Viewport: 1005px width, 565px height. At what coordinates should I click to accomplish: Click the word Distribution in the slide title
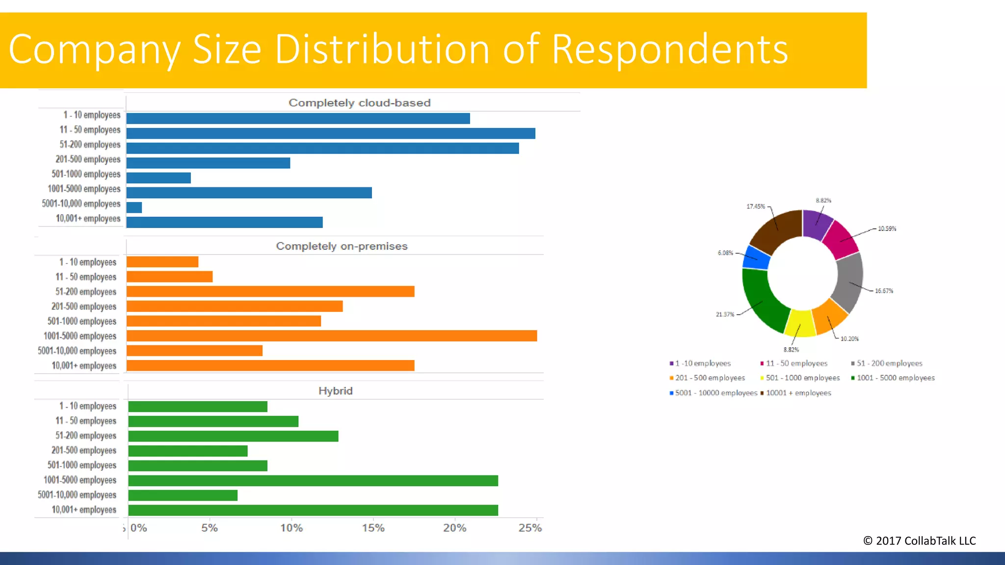click(382, 49)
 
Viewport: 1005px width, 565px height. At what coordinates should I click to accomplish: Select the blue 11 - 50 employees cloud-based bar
click(330, 133)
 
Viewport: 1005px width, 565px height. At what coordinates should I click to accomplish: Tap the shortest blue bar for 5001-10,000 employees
click(134, 207)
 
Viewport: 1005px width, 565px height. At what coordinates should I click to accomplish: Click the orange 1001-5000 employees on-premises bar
click(331, 336)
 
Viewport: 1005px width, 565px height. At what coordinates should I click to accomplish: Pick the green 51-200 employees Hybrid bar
click(233, 436)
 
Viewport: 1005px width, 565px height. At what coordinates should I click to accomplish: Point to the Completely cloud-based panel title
click(359, 103)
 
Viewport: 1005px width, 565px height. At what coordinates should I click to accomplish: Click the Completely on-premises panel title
click(342, 246)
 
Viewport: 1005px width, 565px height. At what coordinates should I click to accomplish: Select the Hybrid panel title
click(335, 391)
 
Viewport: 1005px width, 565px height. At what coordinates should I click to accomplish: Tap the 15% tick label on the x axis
click(373, 528)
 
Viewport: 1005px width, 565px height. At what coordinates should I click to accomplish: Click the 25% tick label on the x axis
click(530, 528)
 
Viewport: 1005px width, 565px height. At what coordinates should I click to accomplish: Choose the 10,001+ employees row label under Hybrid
click(84, 510)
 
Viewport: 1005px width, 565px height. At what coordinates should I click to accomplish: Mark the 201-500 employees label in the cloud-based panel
click(88, 159)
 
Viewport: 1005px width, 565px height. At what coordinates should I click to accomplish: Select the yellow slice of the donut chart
click(800, 324)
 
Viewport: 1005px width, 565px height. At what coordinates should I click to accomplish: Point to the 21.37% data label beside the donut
click(725, 314)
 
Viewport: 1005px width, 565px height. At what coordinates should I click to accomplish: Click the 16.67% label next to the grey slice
click(884, 291)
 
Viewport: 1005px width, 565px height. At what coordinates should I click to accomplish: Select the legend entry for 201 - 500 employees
click(710, 378)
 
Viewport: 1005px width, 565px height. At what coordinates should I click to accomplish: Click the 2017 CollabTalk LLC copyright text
click(919, 541)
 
